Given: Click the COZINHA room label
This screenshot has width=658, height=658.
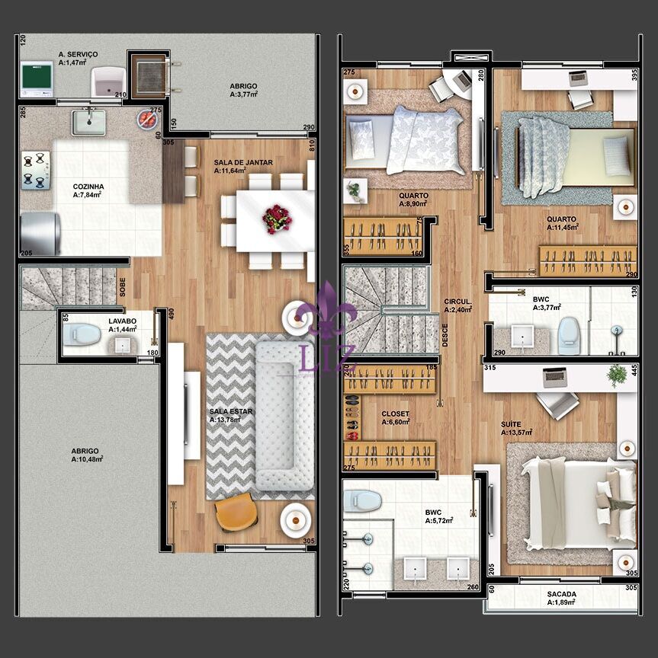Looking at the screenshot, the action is [x=88, y=187].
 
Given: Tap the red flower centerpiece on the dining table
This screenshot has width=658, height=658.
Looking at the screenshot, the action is [x=277, y=219].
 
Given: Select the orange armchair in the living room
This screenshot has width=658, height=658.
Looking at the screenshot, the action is [x=236, y=513].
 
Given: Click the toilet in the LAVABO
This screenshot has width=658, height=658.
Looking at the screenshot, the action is [x=82, y=335].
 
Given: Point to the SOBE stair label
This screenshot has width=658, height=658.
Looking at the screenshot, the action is [x=122, y=287].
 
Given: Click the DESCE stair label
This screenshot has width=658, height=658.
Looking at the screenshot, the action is [x=445, y=335].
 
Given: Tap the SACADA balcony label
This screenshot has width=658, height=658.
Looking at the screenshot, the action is [x=561, y=594].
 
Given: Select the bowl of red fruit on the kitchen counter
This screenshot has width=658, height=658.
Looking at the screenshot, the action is [x=147, y=120].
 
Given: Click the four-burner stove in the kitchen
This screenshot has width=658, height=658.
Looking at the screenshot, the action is [x=36, y=171].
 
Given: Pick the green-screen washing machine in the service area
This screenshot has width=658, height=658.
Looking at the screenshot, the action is [x=37, y=80].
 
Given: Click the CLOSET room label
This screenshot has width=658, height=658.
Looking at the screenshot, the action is [x=395, y=414].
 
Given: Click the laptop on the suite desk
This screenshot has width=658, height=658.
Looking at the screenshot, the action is [x=554, y=377].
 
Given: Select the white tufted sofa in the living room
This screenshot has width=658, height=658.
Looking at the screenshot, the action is [x=284, y=416].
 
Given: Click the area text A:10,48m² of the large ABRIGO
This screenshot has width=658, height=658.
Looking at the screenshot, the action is [x=87, y=459].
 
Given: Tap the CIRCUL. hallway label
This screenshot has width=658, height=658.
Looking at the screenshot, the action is [x=457, y=302].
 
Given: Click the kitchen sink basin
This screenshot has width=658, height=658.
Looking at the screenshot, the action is [x=88, y=122].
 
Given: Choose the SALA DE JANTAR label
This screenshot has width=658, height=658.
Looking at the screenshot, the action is [x=243, y=162].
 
